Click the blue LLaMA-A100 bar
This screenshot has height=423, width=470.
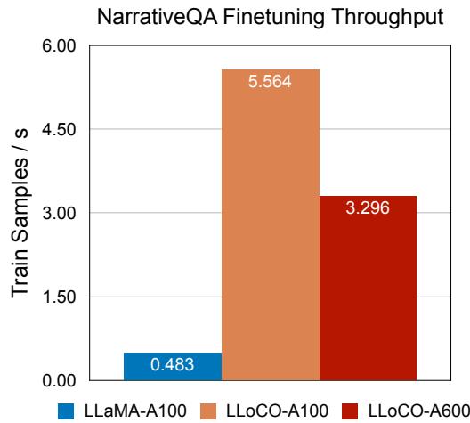pos(173,366)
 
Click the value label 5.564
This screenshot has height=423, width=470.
pos(271,81)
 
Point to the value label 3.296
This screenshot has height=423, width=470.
pos(369,207)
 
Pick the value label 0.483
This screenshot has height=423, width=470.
pos(173,365)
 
